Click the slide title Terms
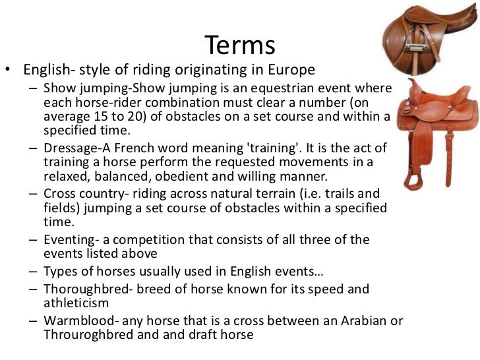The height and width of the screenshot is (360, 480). point(240,45)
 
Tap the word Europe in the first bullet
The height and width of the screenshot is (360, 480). point(293,69)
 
